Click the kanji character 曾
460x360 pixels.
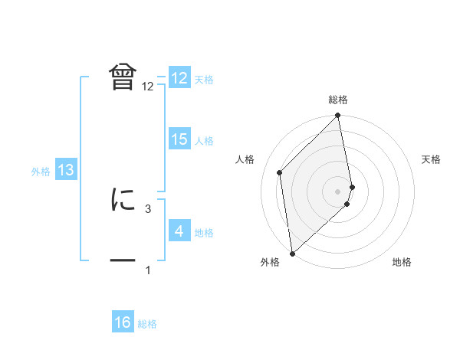123,77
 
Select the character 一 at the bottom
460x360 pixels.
123,260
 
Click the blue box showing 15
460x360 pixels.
179,139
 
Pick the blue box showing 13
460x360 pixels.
66,171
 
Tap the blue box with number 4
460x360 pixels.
179,231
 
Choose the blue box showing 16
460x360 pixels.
123,323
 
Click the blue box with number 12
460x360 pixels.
179,79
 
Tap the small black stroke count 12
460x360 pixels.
148,87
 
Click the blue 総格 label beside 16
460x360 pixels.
147,324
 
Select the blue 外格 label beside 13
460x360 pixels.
41,172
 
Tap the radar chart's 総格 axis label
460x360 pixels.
338,100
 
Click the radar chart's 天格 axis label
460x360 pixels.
431,159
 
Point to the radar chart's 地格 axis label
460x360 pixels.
402,263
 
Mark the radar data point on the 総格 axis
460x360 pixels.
338,116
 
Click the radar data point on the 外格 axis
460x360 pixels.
292,253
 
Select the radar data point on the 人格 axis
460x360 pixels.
280,172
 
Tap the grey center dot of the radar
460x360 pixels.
337,191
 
